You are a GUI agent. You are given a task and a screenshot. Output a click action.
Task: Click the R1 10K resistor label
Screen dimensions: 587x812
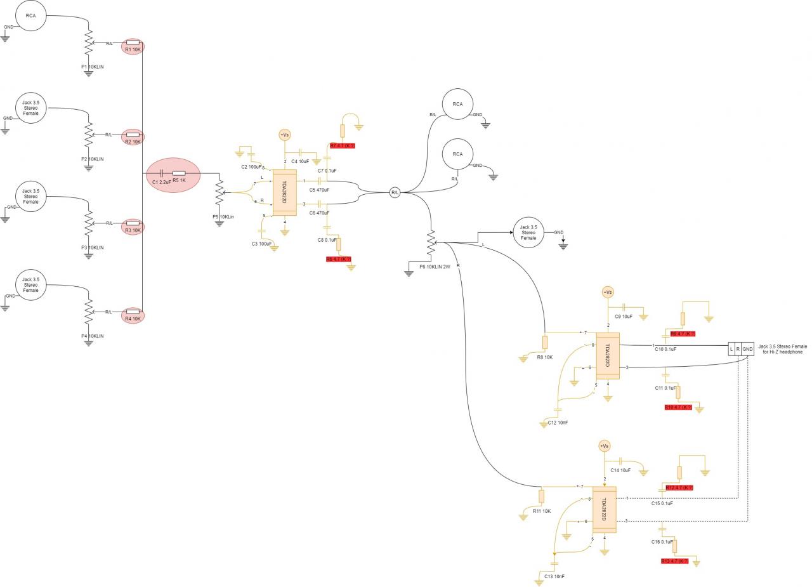point(133,49)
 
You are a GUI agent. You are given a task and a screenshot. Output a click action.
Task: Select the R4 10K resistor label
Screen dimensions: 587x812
point(133,319)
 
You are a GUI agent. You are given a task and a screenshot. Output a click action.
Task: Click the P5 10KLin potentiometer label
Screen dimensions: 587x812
point(223,217)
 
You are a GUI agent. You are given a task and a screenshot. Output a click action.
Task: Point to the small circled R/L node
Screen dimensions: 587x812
point(395,192)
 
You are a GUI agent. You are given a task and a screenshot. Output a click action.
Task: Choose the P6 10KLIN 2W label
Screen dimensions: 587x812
point(435,267)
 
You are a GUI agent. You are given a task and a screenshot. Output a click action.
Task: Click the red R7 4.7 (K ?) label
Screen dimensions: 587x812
point(343,146)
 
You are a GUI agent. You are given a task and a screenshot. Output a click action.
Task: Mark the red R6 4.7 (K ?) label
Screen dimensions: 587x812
point(339,260)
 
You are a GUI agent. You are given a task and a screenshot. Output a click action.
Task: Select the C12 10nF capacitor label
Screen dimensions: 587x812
point(558,423)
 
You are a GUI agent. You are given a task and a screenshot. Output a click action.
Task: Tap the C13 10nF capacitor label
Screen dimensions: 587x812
point(554,576)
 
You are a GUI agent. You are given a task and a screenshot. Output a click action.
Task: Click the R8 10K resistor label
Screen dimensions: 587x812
point(545,357)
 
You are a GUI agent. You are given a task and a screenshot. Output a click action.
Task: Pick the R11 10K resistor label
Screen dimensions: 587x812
point(541,511)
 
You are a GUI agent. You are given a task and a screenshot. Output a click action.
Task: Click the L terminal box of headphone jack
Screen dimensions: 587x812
point(731,349)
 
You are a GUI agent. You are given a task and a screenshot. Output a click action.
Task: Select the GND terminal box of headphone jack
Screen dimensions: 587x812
point(747,349)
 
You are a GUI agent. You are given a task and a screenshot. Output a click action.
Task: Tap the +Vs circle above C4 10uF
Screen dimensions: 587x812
point(285,135)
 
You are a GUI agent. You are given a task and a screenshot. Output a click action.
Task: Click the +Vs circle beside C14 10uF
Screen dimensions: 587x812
point(604,447)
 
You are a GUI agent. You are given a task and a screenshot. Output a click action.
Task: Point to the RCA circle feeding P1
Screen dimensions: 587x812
point(30,16)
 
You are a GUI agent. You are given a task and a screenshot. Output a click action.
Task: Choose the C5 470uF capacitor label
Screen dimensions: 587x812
point(319,190)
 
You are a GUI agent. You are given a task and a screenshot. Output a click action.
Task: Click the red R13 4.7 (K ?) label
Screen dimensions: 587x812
point(674,562)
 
